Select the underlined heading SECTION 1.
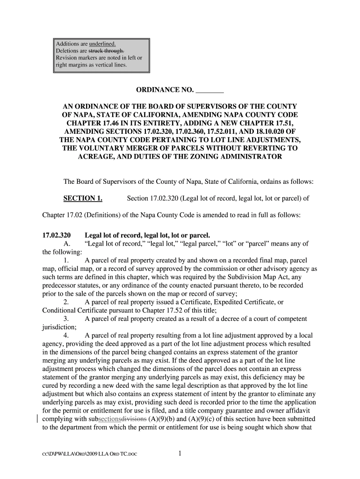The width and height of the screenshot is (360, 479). tap(83, 198)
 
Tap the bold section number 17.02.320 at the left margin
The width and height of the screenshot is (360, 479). tap(56, 235)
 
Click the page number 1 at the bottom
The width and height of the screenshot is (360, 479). tap(180, 453)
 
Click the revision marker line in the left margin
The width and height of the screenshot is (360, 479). tap(37, 418)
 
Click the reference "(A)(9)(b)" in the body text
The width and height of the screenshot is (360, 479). tap(162, 419)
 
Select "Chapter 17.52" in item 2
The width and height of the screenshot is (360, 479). tap(144, 311)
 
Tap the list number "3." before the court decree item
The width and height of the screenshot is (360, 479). tap(66, 319)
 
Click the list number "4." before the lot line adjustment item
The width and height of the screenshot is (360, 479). tap(66, 336)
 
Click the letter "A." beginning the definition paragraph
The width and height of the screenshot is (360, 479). tap(66, 244)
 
